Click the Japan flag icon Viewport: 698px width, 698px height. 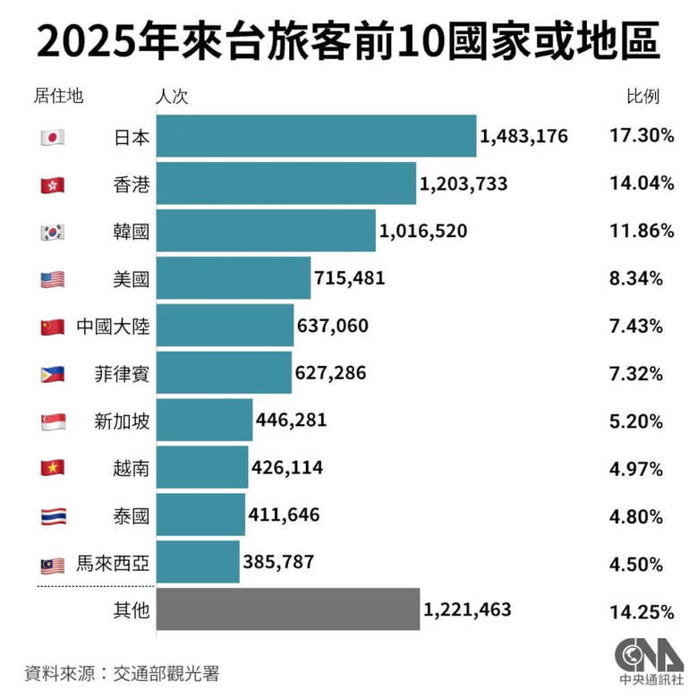53,137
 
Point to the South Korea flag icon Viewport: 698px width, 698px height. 53,231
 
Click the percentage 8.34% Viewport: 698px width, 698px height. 636,278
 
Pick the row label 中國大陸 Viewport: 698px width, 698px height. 113,326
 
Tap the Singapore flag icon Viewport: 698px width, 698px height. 53,420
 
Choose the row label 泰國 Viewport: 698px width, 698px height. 132,515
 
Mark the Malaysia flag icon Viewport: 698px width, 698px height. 53,564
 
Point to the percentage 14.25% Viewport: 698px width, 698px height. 636,612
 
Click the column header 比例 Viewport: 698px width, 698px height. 642,96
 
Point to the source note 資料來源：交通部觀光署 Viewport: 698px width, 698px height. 122,673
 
